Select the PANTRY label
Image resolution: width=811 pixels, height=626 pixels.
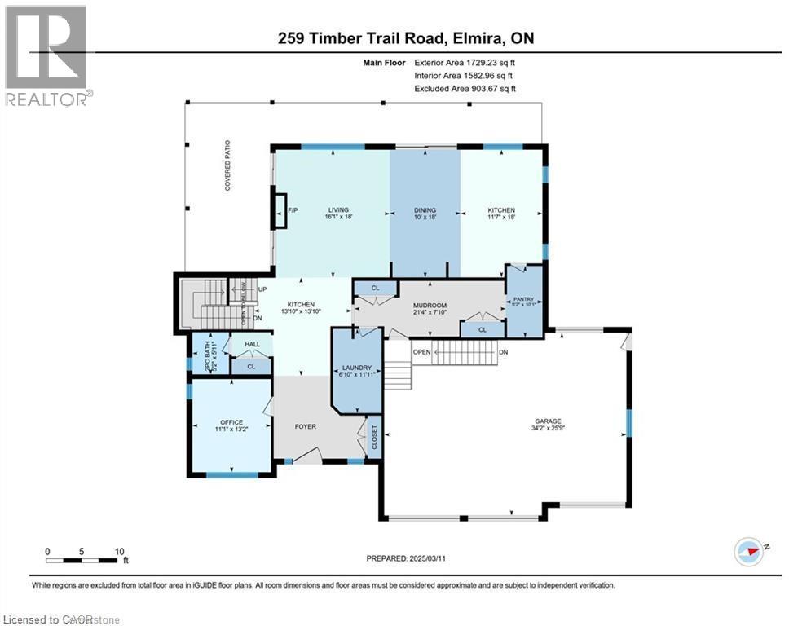522,300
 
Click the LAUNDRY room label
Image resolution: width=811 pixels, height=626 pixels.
355,368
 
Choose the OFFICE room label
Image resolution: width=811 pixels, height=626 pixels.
231,422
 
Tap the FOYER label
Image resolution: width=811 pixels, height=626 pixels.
306,426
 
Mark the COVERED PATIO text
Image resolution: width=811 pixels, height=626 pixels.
229,171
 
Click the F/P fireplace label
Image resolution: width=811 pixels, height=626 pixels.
293,210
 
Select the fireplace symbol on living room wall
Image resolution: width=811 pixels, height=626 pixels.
280,209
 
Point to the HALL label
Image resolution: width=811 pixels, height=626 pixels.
252,345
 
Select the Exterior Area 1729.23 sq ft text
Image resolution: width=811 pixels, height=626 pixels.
465,62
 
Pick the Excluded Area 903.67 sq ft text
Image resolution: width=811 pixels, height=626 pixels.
465,89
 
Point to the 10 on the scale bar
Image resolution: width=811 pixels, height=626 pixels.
119,551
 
